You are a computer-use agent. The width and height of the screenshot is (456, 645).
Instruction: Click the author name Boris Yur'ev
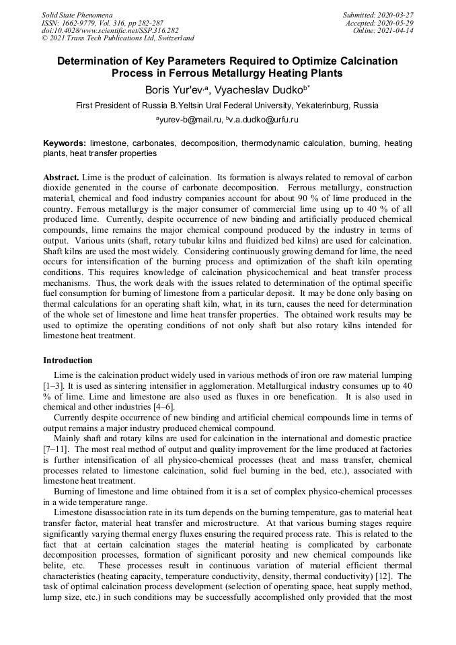(x=171, y=89)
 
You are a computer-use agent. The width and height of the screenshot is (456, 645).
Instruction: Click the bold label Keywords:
(x=65, y=143)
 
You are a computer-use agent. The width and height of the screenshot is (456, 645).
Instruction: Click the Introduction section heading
(x=68, y=361)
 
